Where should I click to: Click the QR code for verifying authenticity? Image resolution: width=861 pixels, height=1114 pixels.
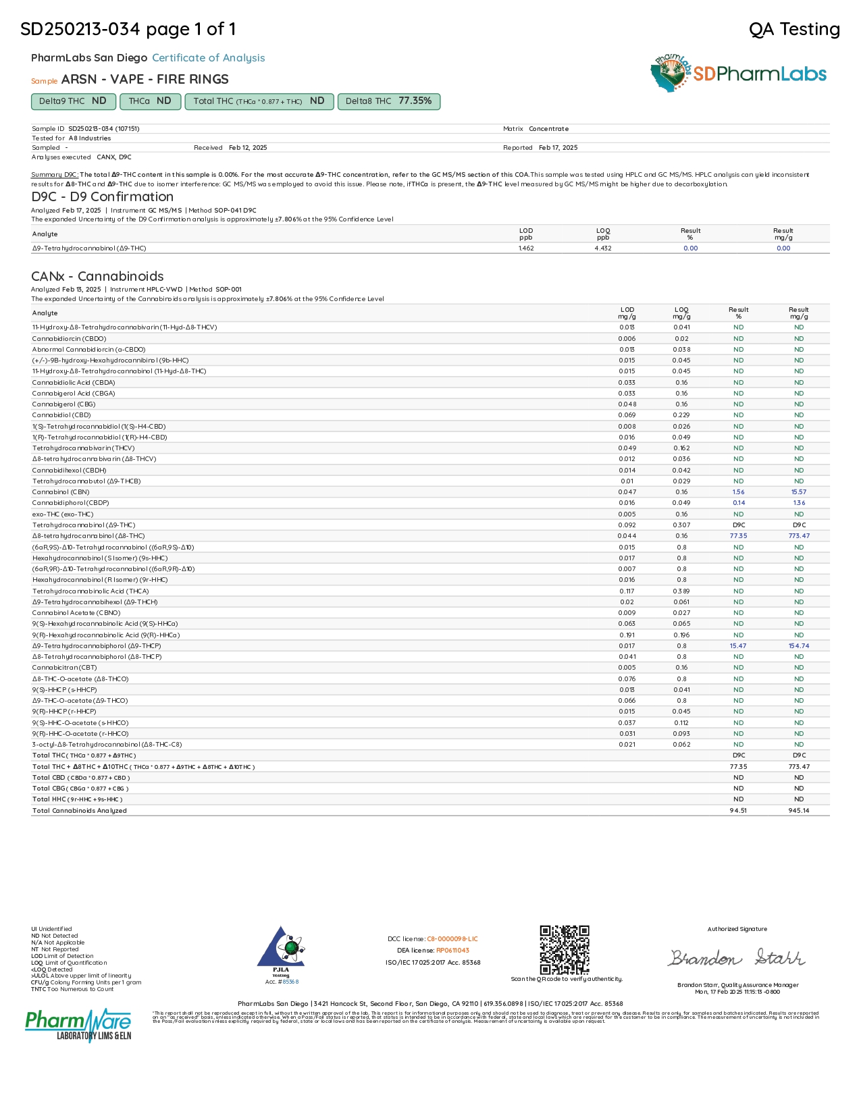[565, 949]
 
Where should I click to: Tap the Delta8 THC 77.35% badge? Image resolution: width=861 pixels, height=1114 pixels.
[388, 101]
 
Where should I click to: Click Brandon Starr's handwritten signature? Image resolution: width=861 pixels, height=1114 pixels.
[737, 958]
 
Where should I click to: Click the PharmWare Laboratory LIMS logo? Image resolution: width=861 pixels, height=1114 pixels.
[78, 1025]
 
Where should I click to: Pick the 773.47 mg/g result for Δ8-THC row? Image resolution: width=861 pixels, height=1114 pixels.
[799, 536]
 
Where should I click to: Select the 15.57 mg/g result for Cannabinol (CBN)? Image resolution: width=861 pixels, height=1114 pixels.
[799, 492]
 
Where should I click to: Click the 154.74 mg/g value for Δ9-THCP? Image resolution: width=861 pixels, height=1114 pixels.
[799, 646]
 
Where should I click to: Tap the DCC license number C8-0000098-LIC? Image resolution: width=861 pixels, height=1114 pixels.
[452, 939]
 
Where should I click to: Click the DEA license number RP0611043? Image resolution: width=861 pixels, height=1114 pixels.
[452, 951]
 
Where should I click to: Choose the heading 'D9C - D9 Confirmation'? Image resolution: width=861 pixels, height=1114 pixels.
[102, 197]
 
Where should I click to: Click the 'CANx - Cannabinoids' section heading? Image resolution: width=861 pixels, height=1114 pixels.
[97, 276]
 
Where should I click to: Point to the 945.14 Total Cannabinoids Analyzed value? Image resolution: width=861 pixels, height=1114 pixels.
[799, 811]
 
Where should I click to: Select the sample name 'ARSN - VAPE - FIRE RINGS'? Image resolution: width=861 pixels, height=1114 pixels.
[145, 80]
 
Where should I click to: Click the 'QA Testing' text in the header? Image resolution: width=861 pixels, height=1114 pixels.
[794, 30]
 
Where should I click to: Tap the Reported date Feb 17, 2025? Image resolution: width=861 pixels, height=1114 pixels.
[558, 148]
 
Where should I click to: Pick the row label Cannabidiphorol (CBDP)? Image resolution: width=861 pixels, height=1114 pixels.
[70, 503]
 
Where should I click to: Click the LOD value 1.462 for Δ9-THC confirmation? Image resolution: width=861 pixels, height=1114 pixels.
[526, 248]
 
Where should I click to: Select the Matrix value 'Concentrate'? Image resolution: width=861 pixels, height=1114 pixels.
[548, 129]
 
